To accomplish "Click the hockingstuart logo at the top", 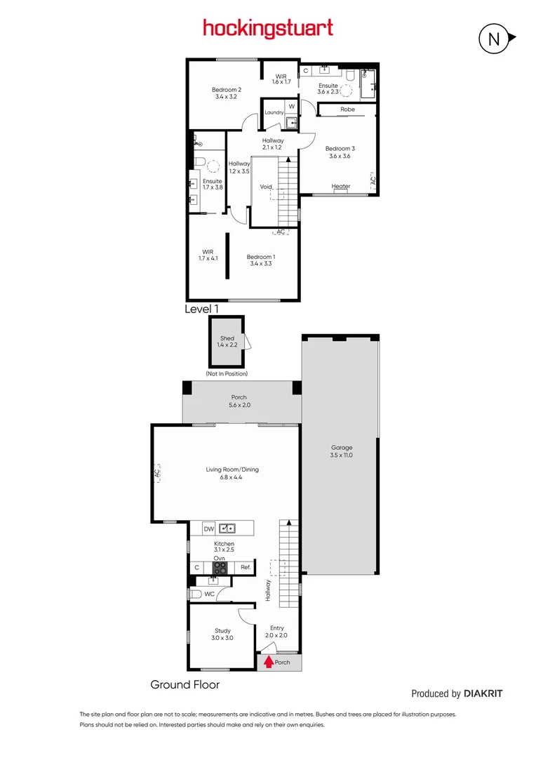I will (x=268, y=29).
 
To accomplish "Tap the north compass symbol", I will (x=494, y=39).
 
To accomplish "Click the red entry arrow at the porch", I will (x=267, y=661).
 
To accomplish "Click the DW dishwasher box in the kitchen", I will (x=208, y=528).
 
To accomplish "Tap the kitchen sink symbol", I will (x=227, y=528).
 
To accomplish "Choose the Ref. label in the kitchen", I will (x=246, y=567).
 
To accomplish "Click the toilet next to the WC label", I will (x=196, y=594).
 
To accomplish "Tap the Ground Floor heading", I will (x=185, y=684).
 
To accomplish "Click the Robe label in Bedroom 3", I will (x=348, y=109).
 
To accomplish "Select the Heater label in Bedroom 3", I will (x=341, y=186).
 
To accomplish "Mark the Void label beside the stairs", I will (x=266, y=187).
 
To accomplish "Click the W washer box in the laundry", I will (x=291, y=106).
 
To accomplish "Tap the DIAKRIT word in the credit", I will (x=483, y=693).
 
